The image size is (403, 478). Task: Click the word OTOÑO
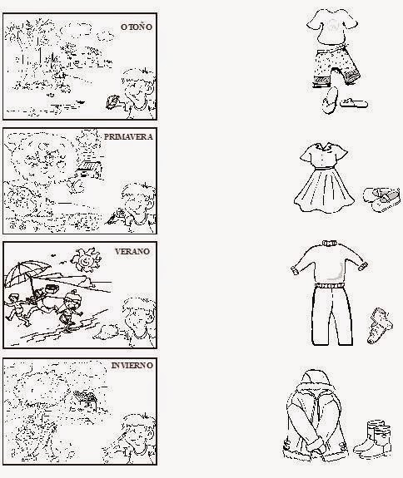[137, 27]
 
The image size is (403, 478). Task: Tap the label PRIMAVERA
[128, 138]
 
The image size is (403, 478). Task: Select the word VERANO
[133, 250]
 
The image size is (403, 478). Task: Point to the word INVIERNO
[132, 365]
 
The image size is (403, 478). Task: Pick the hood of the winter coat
[317, 382]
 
